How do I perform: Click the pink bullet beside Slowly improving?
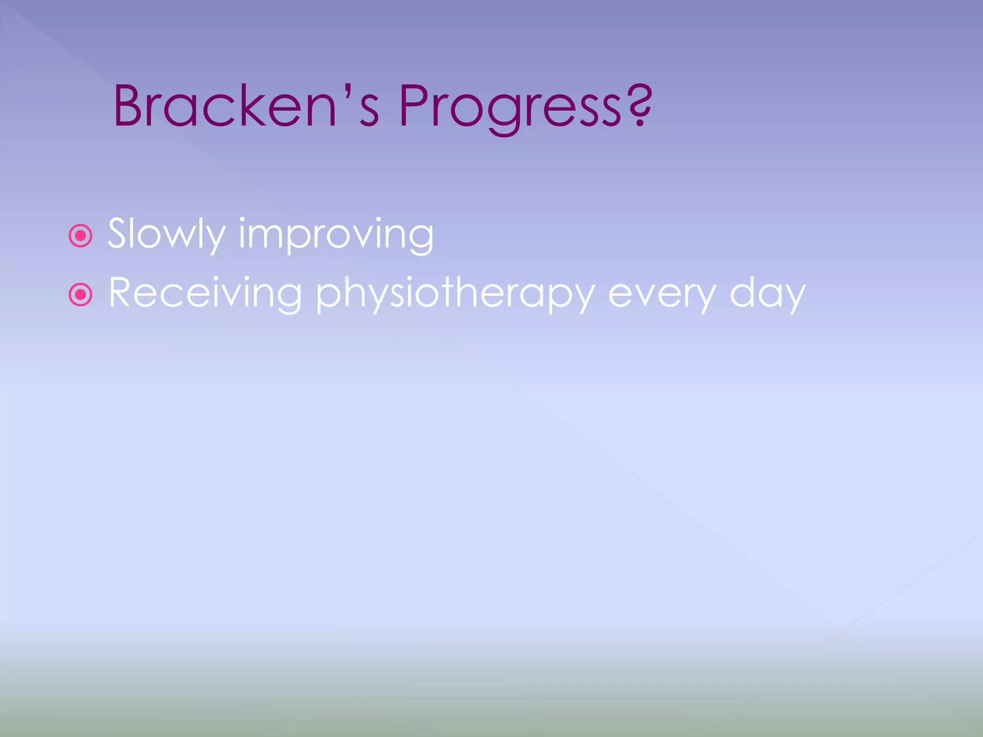(x=81, y=236)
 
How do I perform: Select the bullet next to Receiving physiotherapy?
(x=81, y=295)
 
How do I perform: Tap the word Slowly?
(x=166, y=234)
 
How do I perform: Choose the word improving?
(x=336, y=235)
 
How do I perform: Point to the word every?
(x=662, y=295)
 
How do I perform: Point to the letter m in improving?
(x=266, y=237)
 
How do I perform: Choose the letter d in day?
(x=743, y=293)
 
